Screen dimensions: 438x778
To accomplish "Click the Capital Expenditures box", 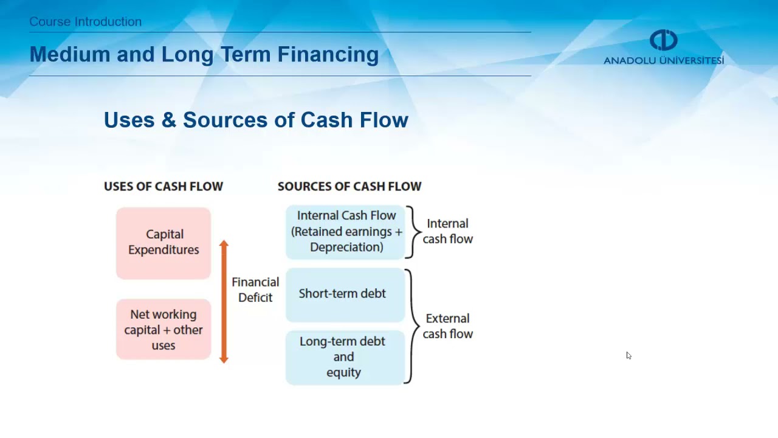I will pyautogui.click(x=164, y=243).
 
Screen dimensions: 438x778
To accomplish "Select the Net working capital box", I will pyautogui.click(x=164, y=329).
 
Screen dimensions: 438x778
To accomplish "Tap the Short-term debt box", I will pyautogui.click(x=345, y=294).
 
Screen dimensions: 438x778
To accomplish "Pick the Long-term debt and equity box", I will pyautogui.click(x=345, y=357).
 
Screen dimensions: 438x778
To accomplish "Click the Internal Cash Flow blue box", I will pyautogui.click(x=345, y=232).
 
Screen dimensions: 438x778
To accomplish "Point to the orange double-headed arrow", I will pyautogui.click(x=224, y=302).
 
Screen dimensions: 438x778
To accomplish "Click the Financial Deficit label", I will pyautogui.click(x=255, y=290).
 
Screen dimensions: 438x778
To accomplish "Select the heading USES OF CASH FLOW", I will pyautogui.click(x=164, y=187).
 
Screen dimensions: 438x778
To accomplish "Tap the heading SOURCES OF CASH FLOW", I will pyautogui.click(x=349, y=187).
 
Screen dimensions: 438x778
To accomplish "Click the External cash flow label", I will pyautogui.click(x=448, y=326).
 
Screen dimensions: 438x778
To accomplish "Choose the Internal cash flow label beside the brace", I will pyautogui.click(x=448, y=231).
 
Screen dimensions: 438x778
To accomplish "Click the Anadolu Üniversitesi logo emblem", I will pyautogui.click(x=663, y=40).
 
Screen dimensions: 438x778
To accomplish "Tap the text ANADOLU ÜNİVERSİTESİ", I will pyautogui.click(x=664, y=61).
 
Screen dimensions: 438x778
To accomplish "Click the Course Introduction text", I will pyautogui.click(x=86, y=22).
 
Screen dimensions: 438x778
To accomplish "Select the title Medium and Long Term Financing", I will pyautogui.click(x=204, y=55).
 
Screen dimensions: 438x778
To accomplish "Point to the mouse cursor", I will pyautogui.click(x=628, y=355).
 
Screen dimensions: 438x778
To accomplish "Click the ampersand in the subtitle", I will pyautogui.click(x=168, y=120).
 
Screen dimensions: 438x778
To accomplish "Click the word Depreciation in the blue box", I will pyautogui.click(x=346, y=247).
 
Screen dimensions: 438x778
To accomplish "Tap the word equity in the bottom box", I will pyautogui.click(x=343, y=372).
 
